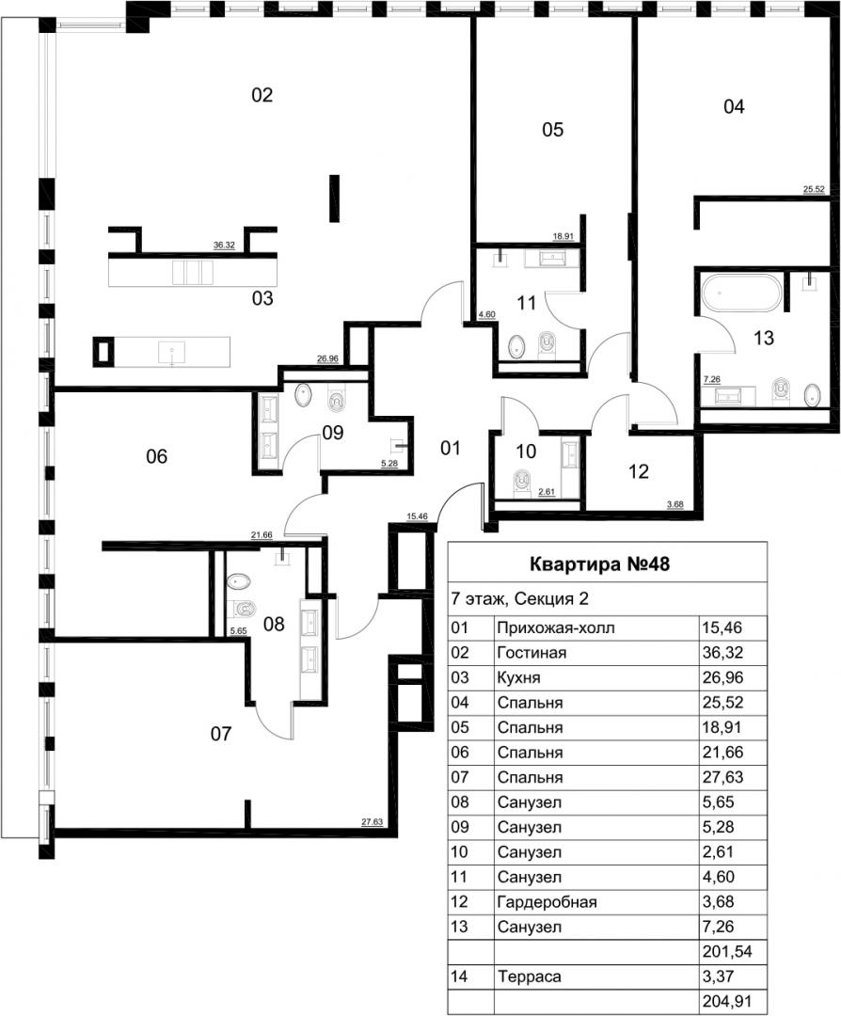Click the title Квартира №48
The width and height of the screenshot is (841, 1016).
tap(599, 564)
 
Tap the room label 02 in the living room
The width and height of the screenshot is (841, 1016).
tap(262, 95)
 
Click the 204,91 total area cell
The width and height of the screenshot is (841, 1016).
tap(727, 1001)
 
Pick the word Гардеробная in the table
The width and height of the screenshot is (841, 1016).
tap(547, 902)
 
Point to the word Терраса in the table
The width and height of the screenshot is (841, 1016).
tap(530, 976)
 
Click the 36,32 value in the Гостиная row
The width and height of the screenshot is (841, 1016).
tap(722, 653)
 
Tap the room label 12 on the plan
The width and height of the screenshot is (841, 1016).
tap(638, 471)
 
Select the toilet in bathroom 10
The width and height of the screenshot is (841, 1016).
tap(521, 482)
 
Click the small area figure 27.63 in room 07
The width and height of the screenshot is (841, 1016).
tap(372, 821)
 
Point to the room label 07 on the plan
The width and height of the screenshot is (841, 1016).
tap(221, 734)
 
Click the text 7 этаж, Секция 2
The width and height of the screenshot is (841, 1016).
tap(519, 598)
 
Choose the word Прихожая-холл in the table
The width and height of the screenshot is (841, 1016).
tap(556, 627)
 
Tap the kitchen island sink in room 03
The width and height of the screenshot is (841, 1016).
tap(172, 353)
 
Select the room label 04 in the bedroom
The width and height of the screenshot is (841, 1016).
tap(734, 107)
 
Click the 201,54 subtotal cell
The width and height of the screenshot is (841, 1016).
tap(727, 952)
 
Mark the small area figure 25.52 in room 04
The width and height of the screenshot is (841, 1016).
tap(814, 189)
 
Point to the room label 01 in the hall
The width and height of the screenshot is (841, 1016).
tap(451, 448)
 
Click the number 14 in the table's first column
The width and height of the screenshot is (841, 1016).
tap(459, 976)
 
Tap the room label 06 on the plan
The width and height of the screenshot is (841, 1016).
tap(157, 457)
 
